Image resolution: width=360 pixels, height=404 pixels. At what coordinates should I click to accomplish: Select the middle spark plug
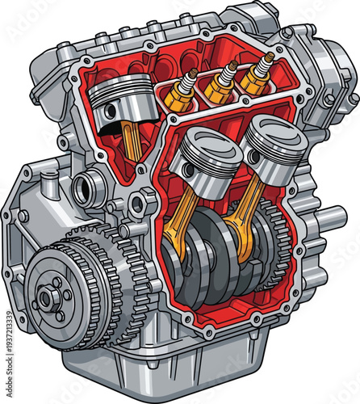pyautogui.click(x=219, y=82)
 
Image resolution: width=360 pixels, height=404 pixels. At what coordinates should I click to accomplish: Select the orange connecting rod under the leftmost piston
pyautogui.click(x=129, y=141)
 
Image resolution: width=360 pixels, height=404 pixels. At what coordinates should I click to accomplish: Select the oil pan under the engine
pyautogui.click(x=186, y=364)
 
